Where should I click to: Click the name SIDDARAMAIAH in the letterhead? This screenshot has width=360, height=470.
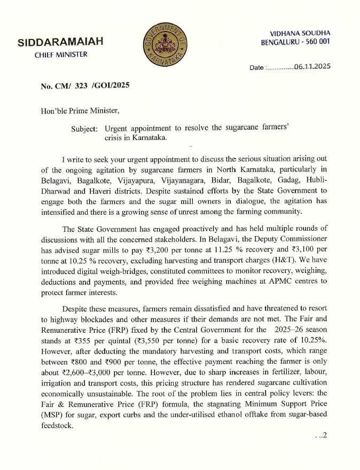click(61, 42)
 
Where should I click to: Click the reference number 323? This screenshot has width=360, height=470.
click(81, 85)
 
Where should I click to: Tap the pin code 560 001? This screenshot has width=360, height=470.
click(315, 42)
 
